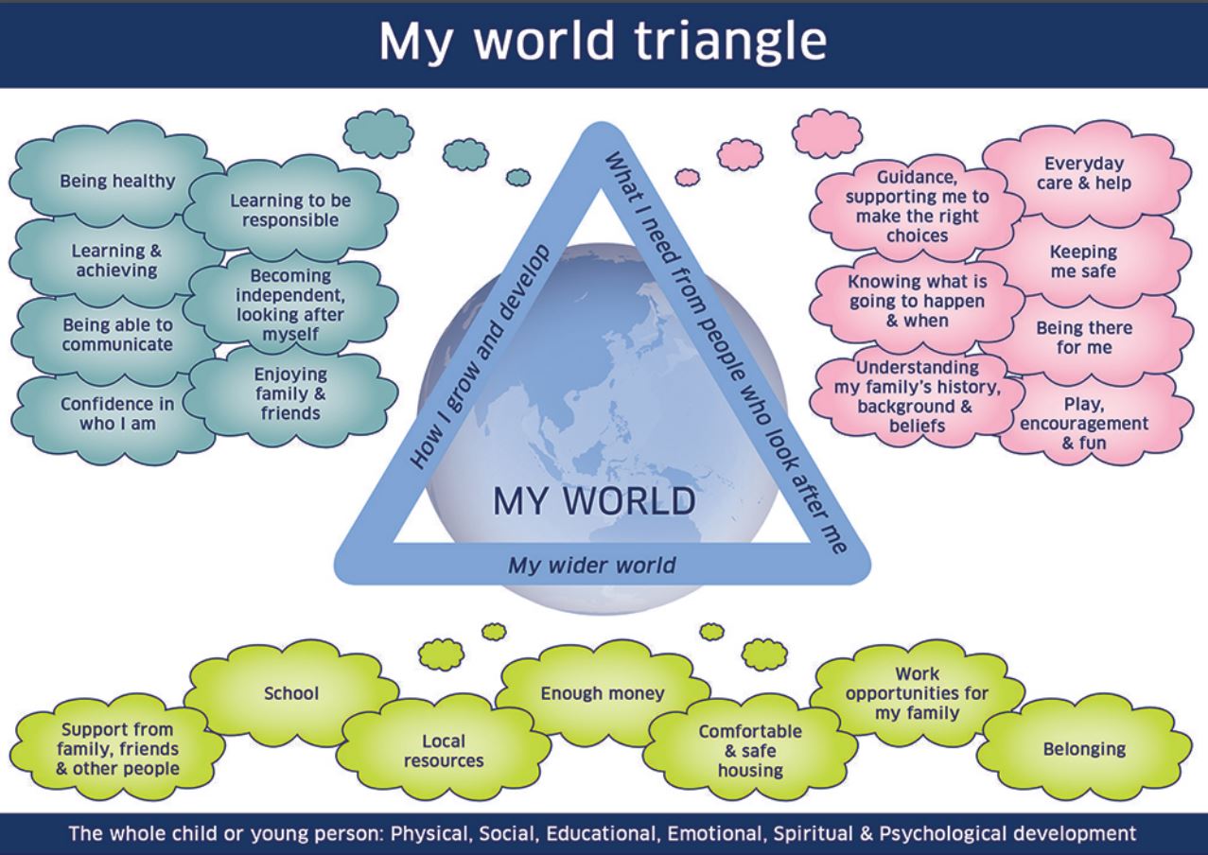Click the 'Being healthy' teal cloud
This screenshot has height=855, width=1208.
(117, 182)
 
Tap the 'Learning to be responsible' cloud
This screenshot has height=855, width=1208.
(290, 210)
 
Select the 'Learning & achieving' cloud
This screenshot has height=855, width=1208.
(116, 261)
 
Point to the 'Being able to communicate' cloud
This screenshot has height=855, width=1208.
(117, 335)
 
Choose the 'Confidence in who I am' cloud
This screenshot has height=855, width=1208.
(117, 414)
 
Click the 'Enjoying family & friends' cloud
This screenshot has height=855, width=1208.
(290, 394)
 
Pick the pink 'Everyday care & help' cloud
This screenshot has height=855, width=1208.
(1084, 173)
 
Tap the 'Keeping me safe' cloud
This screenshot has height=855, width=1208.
(1084, 261)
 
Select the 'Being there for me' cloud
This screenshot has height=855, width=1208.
(1084, 338)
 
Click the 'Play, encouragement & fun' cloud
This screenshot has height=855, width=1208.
(1084, 423)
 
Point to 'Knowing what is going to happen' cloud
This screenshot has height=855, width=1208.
(918, 302)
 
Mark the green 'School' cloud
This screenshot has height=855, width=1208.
(291, 693)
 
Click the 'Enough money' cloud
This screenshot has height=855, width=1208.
(603, 693)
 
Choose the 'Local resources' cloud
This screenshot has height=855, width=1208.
(444, 751)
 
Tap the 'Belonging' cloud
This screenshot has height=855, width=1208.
(1084, 749)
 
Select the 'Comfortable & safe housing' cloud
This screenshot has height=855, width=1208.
(750, 751)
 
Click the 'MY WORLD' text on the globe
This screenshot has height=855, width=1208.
(594, 501)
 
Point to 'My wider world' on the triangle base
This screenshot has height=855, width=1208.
(592, 566)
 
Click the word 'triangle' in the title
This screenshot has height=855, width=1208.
(730, 43)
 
